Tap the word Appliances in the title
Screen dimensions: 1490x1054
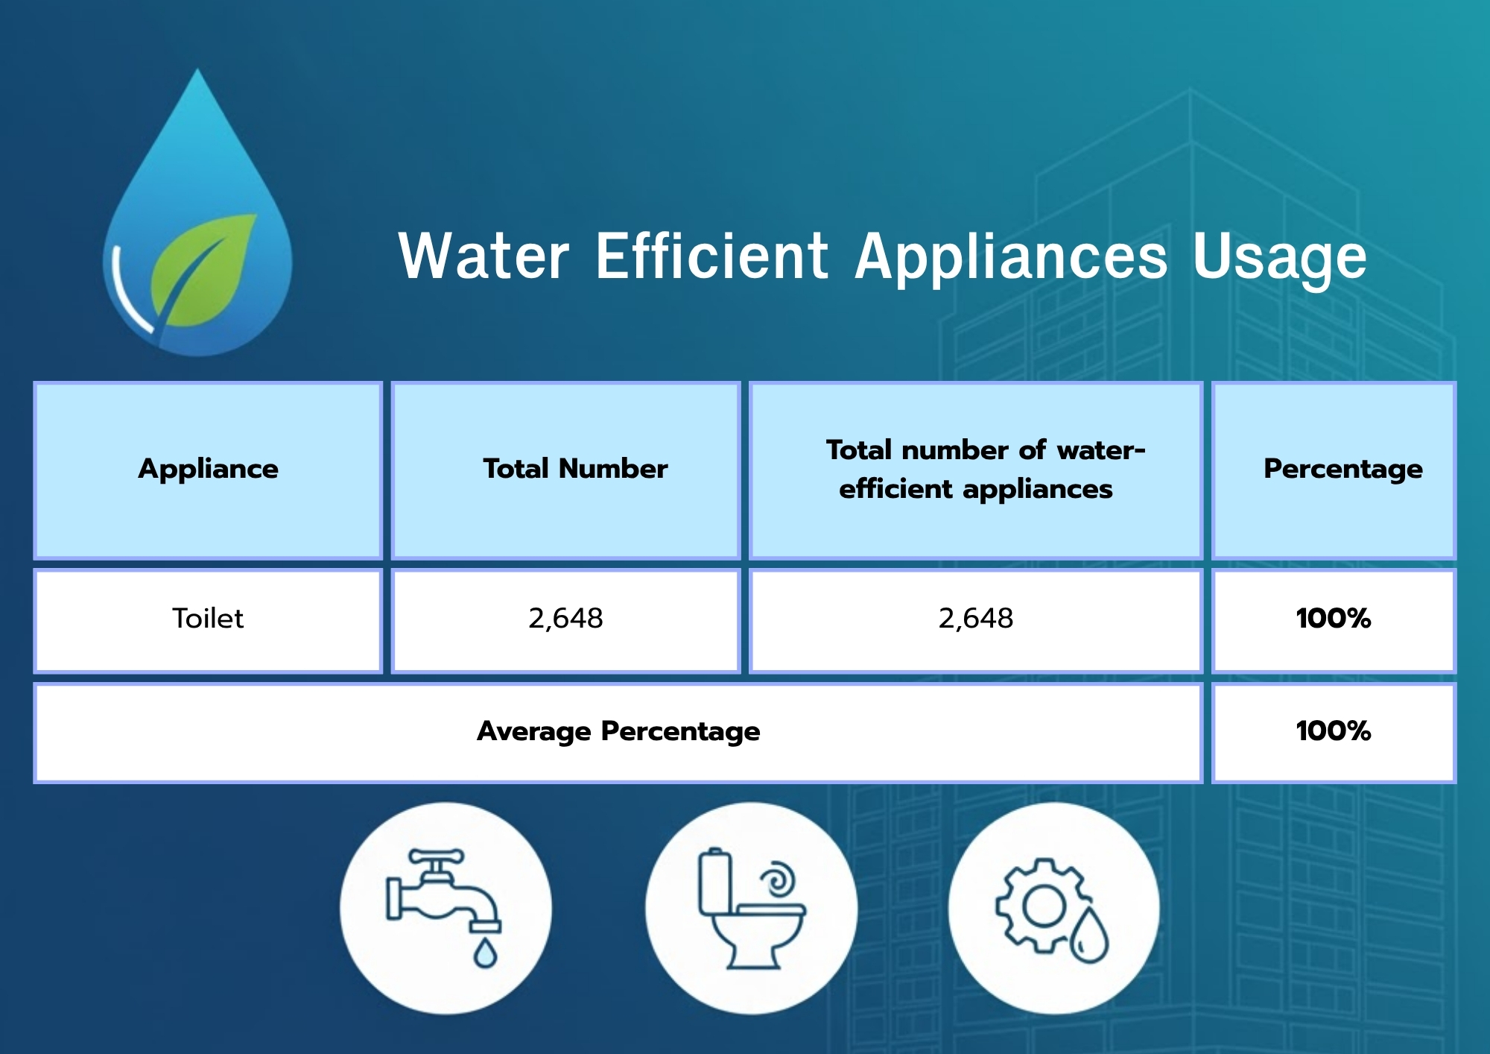[1011, 259]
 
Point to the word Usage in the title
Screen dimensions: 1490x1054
[1279, 259]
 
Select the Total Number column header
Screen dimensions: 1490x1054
[575, 468]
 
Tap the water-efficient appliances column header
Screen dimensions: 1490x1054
[985, 470]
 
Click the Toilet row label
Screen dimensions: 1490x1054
[208, 619]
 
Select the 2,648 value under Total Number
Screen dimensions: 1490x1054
[565, 619]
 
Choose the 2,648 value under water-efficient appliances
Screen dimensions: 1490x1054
[976, 619]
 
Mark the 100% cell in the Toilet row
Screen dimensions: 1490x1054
[1334, 619]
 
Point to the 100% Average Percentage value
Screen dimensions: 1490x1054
[1334, 731]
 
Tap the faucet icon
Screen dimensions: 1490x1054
[444, 897]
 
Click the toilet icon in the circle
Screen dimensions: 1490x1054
[752, 909]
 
